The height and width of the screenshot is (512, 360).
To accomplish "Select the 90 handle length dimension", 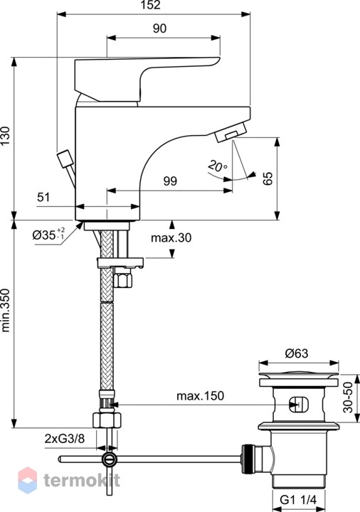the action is tap(159, 28).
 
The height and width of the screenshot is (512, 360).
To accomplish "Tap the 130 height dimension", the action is tap(6, 136).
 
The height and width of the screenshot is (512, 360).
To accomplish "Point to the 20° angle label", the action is tap(217, 166).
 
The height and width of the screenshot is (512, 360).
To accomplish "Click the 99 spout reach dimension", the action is tap(170, 181).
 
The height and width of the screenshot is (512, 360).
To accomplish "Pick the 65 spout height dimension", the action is tap(268, 178).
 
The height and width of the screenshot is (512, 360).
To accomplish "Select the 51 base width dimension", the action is tap(43, 197).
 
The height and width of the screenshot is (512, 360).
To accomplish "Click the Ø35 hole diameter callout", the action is tap(48, 234).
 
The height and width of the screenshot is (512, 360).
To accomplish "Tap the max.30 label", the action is tap(171, 238).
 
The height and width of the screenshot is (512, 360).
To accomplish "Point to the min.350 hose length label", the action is tap(6, 310).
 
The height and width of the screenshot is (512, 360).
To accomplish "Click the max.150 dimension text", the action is tap(200, 396).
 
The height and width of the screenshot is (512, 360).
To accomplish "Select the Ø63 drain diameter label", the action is tap(297, 353).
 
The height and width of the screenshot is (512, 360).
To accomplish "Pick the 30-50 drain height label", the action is tap(349, 398).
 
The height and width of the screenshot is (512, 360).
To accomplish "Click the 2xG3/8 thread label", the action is tap(65, 439).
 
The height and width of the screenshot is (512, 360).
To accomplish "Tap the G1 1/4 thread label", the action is tap(299, 500).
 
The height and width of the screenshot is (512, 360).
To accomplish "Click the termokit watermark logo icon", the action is tap(28, 480).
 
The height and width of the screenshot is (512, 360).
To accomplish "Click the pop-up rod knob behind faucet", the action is tap(64, 159).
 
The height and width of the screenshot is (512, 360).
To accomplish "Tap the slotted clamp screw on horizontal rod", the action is tap(109, 459).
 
